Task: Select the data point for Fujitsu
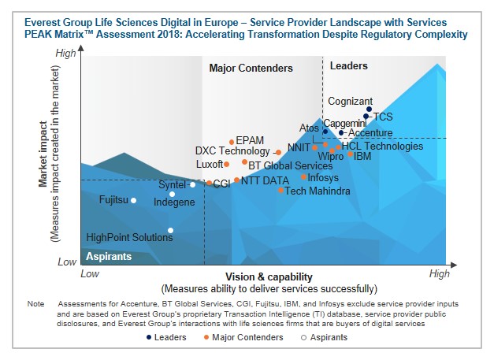[133, 200]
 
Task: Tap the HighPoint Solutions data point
[171, 231]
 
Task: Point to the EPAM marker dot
[232, 143]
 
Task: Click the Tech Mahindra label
[318, 191]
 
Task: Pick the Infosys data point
[303, 177]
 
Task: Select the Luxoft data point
[227, 165]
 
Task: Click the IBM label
[363, 156]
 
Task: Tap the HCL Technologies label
[382, 147]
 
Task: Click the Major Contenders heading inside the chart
[251, 69]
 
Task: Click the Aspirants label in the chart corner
[109, 257]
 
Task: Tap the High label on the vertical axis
[67, 53]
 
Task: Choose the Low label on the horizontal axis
[90, 273]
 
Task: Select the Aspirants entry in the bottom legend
[325, 337]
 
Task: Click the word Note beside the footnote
[35, 303]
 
